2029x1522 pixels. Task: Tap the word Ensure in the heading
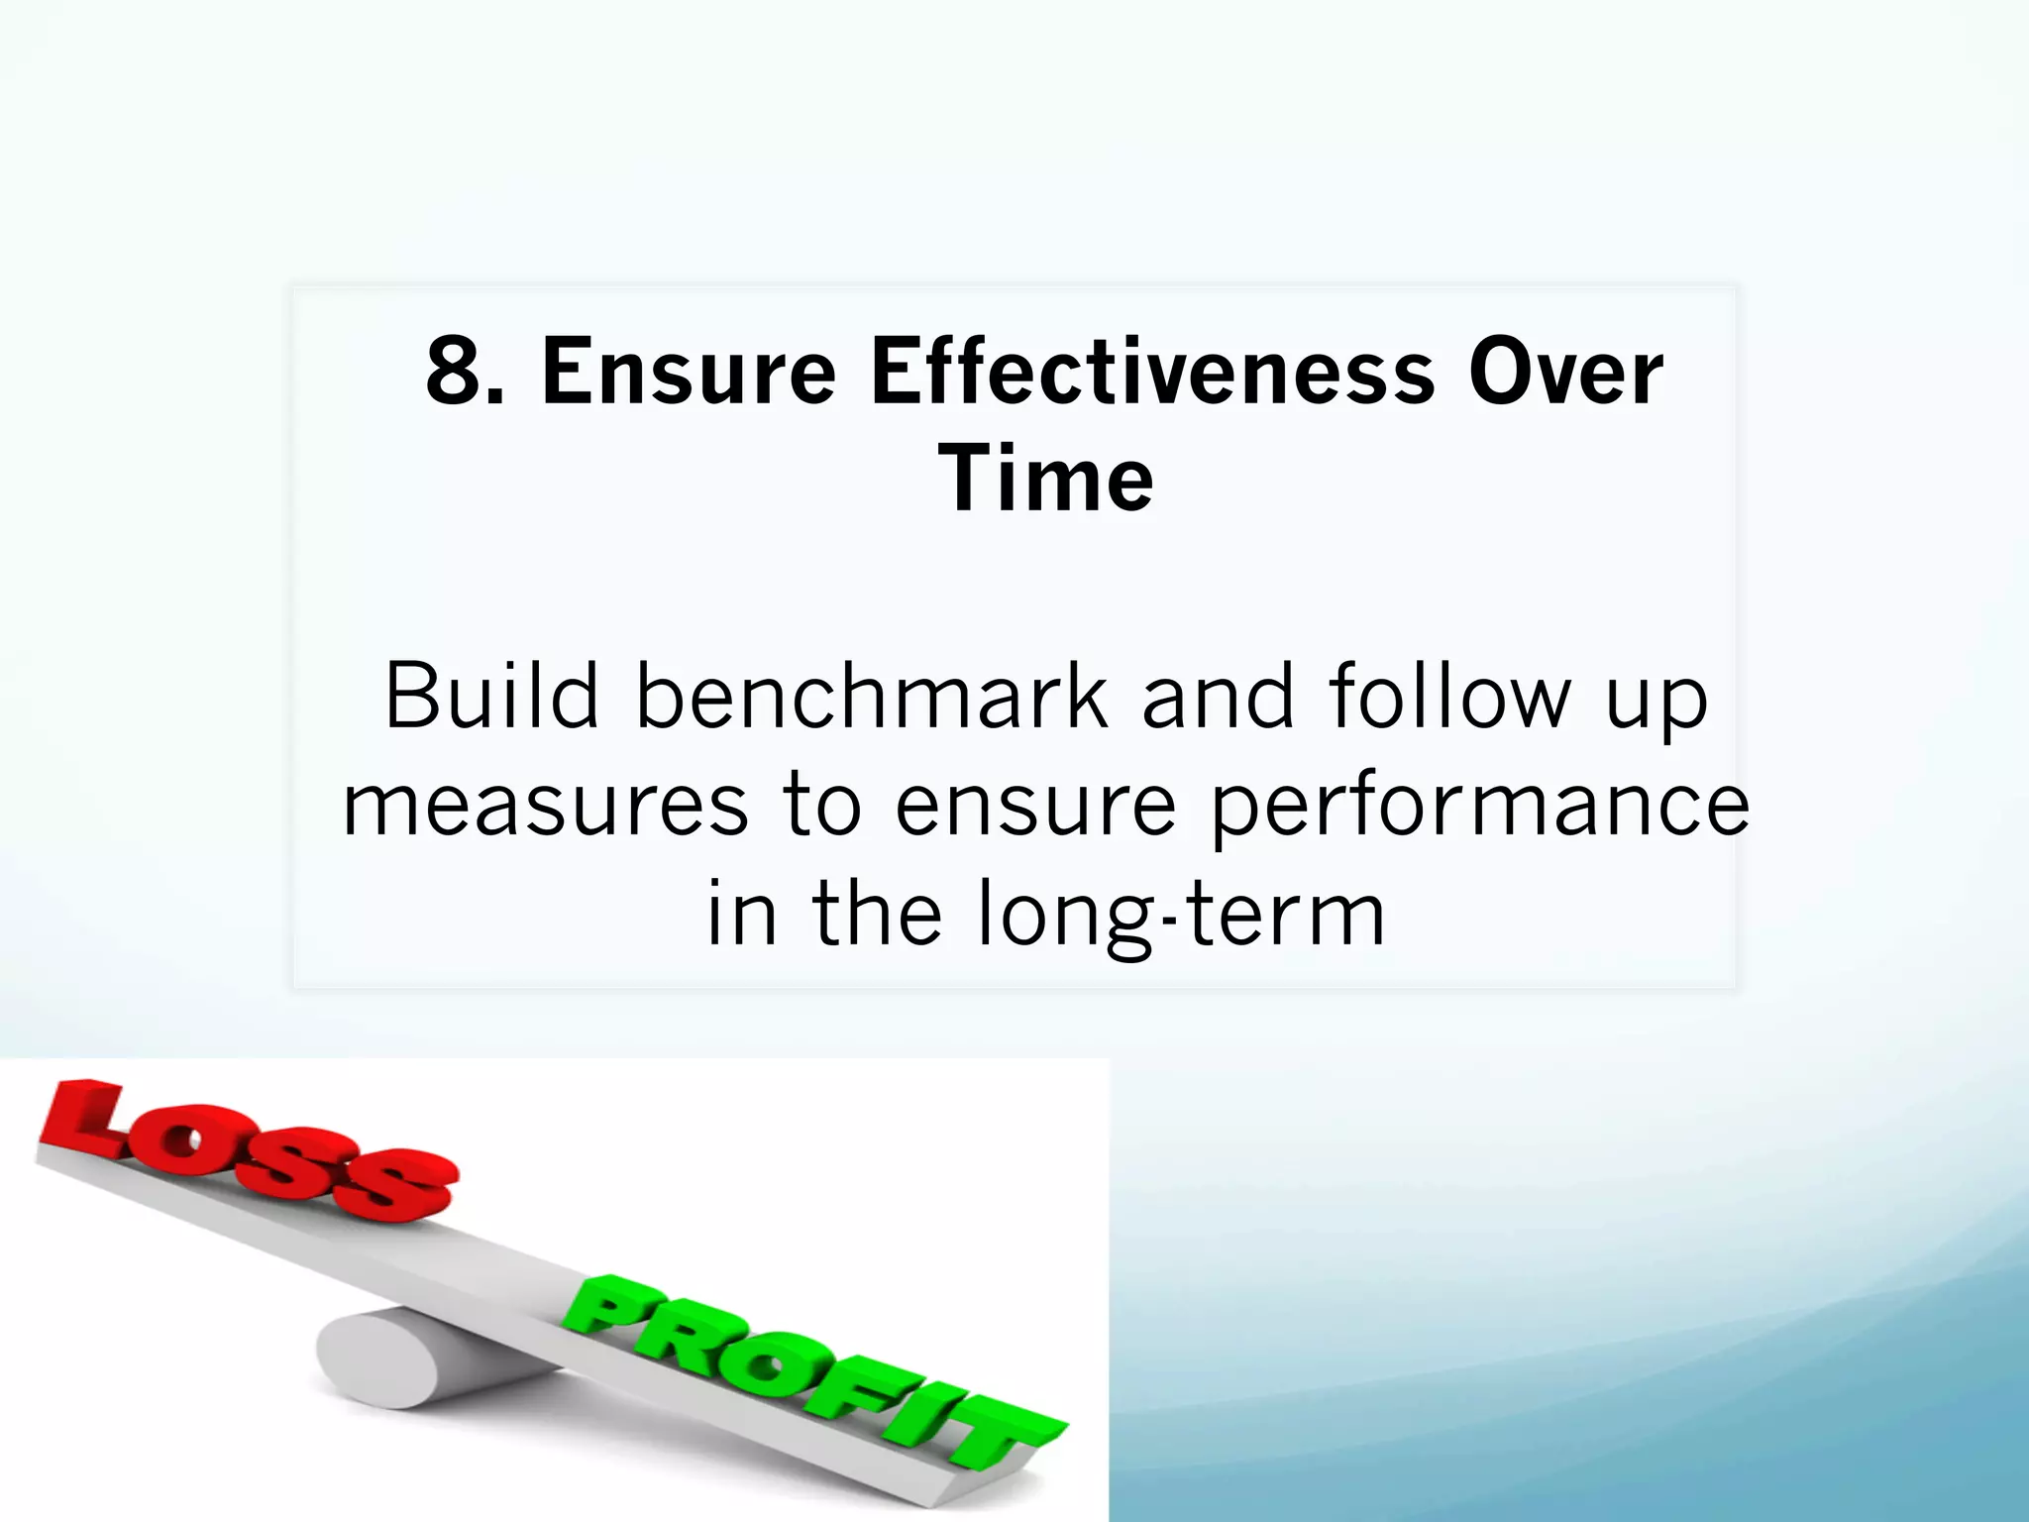(x=689, y=372)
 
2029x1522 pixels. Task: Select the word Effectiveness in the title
(x=1152, y=372)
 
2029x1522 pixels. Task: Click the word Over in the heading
(x=1565, y=372)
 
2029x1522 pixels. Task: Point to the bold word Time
(x=1045, y=480)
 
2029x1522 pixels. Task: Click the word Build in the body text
(x=491, y=696)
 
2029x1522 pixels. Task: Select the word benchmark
(x=871, y=696)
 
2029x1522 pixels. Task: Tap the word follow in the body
(x=1449, y=696)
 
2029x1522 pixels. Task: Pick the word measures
(x=545, y=807)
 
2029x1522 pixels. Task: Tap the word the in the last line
(x=877, y=914)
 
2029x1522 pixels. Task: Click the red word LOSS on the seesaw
(x=248, y=1149)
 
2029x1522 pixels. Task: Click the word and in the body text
(x=1218, y=696)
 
